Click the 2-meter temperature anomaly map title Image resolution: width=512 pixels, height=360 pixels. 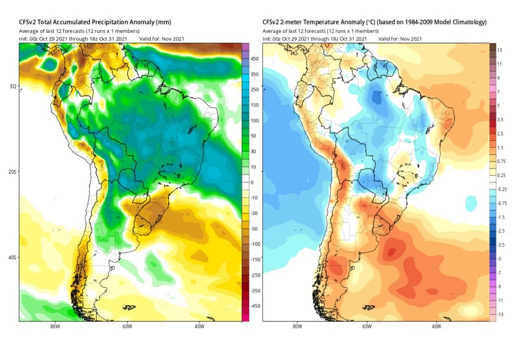click(374, 22)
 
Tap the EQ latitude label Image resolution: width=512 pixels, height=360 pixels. click(13, 86)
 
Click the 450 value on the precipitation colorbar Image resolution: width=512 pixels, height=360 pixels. click(254, 59)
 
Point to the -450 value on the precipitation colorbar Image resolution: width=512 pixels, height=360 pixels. click(255, 306)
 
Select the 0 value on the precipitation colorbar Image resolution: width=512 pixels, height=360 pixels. click(252, 182)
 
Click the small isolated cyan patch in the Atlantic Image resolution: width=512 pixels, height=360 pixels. click(471, 203)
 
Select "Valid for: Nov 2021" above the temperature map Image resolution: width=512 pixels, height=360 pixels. click(400, 39)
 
